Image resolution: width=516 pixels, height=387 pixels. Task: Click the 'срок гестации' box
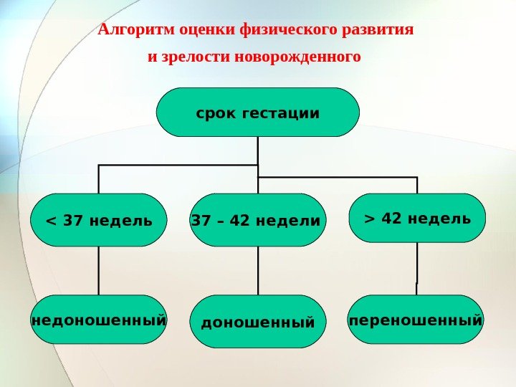257,113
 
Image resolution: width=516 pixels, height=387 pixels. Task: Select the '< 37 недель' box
99,220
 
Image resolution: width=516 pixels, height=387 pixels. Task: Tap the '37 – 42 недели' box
257,220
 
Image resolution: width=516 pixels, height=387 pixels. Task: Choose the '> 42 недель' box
417,218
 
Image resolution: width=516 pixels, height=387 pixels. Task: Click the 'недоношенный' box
99,320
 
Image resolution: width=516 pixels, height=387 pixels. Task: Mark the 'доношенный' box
257,322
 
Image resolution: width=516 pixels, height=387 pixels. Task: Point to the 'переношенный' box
416,319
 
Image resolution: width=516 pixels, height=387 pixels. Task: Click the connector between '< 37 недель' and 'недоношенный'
99,271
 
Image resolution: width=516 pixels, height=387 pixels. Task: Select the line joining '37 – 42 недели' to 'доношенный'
257,271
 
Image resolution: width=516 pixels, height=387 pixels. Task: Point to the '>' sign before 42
369,218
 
